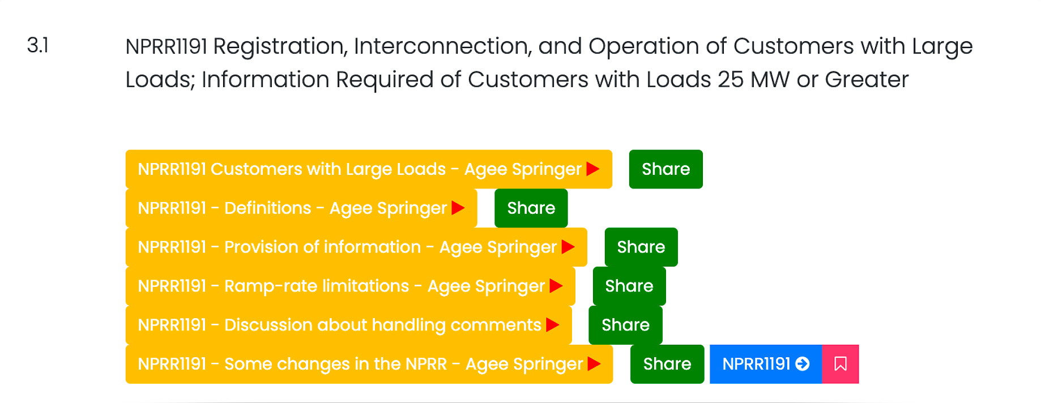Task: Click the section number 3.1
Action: point(38,45)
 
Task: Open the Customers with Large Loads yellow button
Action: point(369,169)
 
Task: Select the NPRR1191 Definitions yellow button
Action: point(301,208)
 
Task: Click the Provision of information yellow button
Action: point(356,247)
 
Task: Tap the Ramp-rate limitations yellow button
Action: point(351,286)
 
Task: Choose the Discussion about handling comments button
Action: point(349,325)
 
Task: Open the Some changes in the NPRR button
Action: point(369,365)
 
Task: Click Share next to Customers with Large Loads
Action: point(666,169)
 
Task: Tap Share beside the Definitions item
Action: point(531,208)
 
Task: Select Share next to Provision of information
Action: point(641,247)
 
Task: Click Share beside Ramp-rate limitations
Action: point(629,286)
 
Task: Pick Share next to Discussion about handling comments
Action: point(626,325)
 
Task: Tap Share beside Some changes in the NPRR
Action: point(667,365)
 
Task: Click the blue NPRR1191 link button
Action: point(766,365)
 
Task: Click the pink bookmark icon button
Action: point(841,365)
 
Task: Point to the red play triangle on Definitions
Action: point(458,208)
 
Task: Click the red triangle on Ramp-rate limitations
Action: point(556,286)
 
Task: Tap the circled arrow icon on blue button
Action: point(803,364)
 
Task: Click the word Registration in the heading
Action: point(280,47)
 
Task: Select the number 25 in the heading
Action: point(731,80)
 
